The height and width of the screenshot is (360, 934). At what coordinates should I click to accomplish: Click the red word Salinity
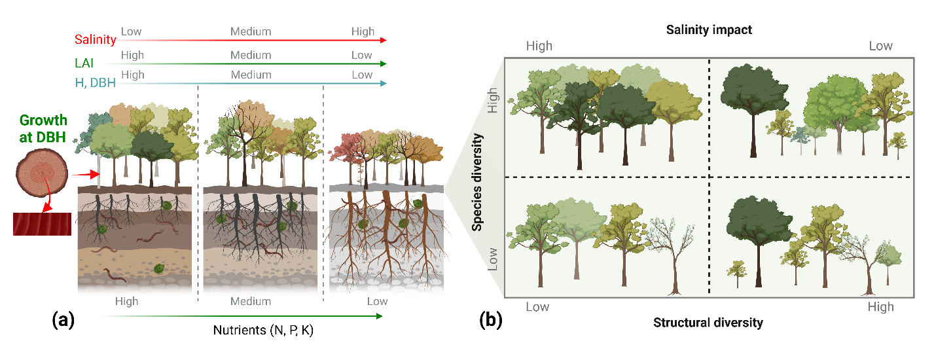tap(96, 39)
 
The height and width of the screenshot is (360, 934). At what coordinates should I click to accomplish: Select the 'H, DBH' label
tap(92, 82)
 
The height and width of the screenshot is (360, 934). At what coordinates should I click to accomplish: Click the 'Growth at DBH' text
tap(43, 128)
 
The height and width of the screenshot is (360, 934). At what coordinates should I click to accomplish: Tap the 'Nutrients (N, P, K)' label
tap(263, 330)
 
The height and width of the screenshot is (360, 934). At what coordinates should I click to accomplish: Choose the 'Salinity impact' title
tap(709, 29)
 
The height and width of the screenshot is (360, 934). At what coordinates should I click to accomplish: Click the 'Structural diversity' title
tap(708, 322)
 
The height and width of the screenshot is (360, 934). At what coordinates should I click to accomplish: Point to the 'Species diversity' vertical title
tap(478, 182)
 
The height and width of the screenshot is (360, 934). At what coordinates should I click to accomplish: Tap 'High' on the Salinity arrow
tap(362, 31)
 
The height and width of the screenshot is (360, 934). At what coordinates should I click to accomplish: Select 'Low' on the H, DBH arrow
tap(362, 75)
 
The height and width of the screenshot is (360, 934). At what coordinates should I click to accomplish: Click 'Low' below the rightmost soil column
tap(377, 302)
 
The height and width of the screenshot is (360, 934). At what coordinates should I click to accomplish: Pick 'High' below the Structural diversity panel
tap(880, 306)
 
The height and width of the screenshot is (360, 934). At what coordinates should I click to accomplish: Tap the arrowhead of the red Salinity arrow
tap(383, 41)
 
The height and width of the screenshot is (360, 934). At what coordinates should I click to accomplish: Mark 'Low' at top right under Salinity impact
tap(880, 46)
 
